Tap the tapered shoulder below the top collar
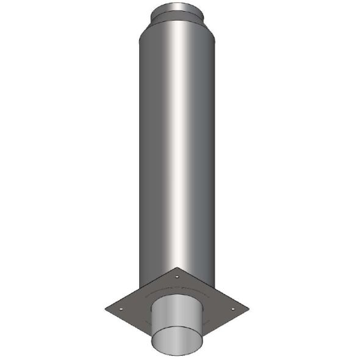click(179, 24)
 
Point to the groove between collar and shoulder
click(179, 18)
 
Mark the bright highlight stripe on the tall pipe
click(183, 153)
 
